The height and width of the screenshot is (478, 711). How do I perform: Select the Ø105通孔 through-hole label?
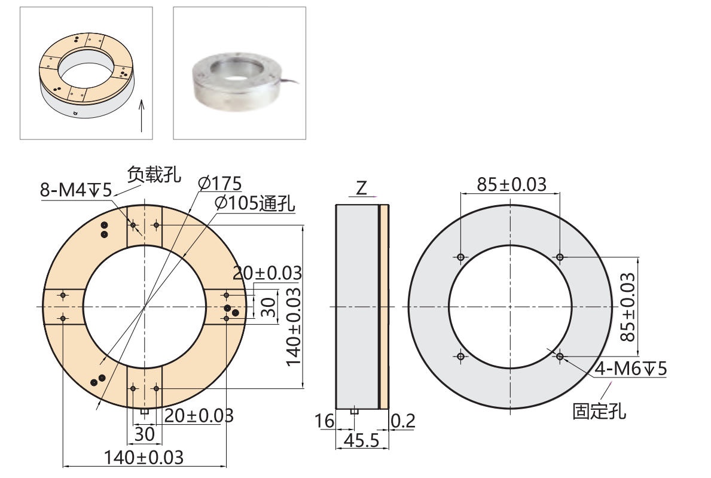pyautogui.click(x=255, y=203)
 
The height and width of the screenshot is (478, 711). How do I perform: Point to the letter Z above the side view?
pyautogui.click(x=361, y=188)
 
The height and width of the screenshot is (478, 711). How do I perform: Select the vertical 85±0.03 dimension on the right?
pyautogui.click(x=627, y=306)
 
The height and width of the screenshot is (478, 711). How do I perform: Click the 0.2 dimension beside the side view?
pyautogui.click(x=402, y=422)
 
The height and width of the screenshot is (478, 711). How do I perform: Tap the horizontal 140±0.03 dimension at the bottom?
pyautogui.click(x=144, y=458)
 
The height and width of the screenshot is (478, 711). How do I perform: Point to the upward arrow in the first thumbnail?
pyautogui.click(x=142, y=115)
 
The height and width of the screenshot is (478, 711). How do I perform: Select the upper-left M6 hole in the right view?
pyautogui.click(x=460, y=257)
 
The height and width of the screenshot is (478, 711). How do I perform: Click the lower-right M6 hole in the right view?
pyautogui.click(x=560, y=357)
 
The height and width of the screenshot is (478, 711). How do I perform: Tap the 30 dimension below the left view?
pyautogui.click(x=144, y=434)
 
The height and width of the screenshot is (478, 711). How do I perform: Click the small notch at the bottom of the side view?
pyautogui.click(x=354, y=411)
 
